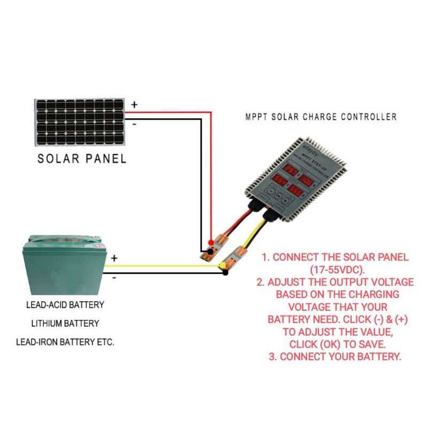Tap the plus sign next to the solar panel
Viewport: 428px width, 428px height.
[134, 105]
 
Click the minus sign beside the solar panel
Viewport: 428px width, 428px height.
[134, 124]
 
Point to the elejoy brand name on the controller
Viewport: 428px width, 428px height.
[296, 145]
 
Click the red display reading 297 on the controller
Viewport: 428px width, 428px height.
[291, 170]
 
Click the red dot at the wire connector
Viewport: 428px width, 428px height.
[210, 242]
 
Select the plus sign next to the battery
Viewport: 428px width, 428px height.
[114, 258]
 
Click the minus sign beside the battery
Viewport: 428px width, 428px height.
[114, 277]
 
